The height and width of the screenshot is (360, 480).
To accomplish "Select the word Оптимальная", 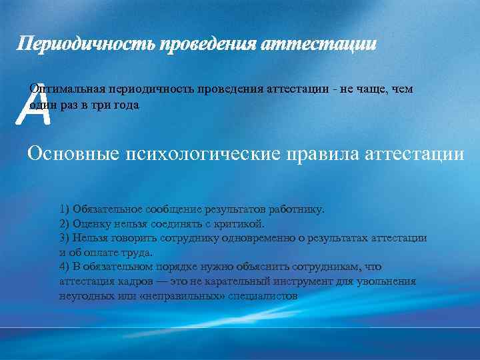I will click(63, 89).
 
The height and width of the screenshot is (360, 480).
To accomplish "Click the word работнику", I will click(298, 209).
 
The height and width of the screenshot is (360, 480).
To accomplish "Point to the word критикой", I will click(241, 223).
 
